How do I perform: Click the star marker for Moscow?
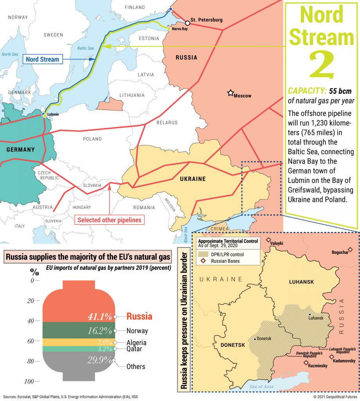[230, 93]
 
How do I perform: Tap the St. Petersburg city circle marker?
[187, 23]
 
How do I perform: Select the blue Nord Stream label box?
[42, 60]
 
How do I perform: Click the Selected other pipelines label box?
[109, 220]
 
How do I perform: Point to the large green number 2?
[322, 65]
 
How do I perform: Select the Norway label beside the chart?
[137, 331]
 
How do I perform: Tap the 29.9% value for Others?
[100, 361]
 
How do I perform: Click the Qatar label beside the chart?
[134, 349]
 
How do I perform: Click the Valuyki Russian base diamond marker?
[268, 240]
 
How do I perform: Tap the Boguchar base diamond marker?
[350, 249]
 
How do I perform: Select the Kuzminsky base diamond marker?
[306, 363]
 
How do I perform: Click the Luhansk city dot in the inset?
[310, 314]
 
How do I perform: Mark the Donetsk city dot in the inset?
[255, 339]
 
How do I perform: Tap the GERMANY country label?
[20, 150]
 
